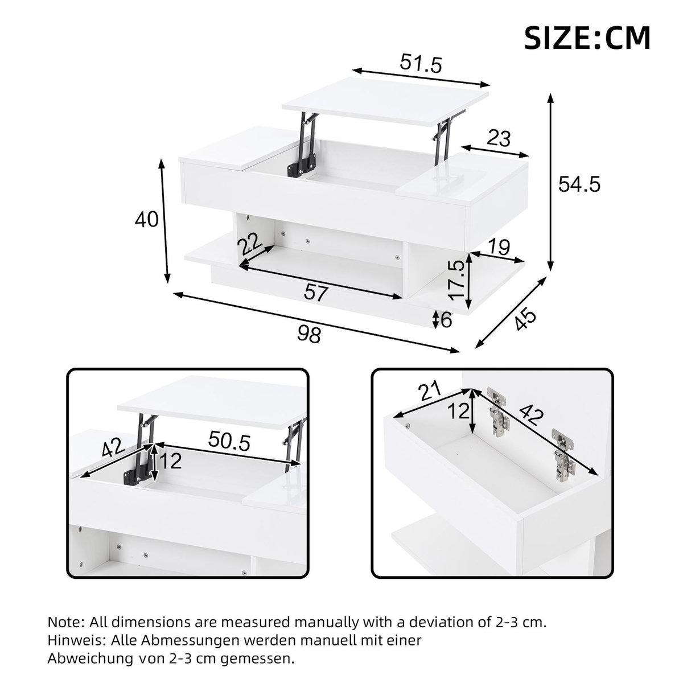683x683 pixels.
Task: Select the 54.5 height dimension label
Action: tap(579, 184)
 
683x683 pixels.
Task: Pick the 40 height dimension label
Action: tap(147, 220)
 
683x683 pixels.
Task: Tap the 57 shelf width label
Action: tap(316, 293)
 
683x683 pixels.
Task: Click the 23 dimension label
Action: tap(499, 138)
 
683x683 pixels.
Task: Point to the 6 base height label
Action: tap(446, 320)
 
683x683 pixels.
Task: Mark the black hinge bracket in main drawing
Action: tap(301, 166)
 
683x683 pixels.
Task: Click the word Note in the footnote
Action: tap(65, 622)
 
